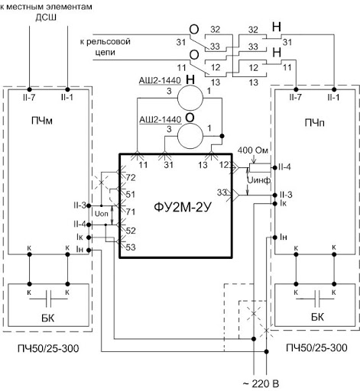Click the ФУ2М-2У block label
point(183,208)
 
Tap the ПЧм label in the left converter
point(42,121)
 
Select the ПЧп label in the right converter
point(315,123)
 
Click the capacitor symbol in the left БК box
point(48,299)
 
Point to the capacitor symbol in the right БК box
point(315,299)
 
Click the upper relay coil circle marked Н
point(190,98)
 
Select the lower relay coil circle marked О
point(190,136)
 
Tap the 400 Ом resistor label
point(253,150)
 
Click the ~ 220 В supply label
point(261,383)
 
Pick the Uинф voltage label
point(259,180)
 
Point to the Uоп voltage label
point(101,214)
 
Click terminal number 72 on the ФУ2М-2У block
point(131,177)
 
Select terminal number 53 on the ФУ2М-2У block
point(131,247)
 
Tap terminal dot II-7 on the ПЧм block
point(29,89)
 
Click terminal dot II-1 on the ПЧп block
point(334,89)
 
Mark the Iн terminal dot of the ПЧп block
point(274,238)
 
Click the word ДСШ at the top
point(46,18)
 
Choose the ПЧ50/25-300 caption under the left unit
point(48,348)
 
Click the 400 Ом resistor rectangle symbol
point(260,168)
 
